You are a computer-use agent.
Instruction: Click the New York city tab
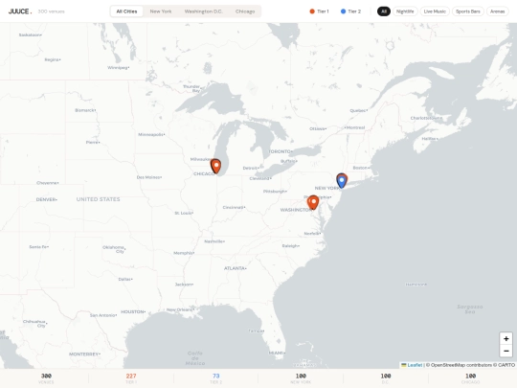pyautogui.click(x=161, y=11)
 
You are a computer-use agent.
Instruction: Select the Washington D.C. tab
pyautogui.click(x=203, y=11)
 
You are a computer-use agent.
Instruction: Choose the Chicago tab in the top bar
pyautogui.click(x=245, y=11)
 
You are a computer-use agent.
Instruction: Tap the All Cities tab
pyautogui.click(x=126, y=11)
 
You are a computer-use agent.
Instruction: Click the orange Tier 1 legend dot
pyautogui.click(x=312, y=11)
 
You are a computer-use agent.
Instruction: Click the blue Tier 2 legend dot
pyautogui.click(x=343, y=11)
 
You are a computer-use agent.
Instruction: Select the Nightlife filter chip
pyautogui.click(x=405, y=11)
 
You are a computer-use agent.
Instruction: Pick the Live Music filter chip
pyautogui.click(x=435, y=11)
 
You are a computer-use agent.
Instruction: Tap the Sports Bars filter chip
pyautogui.click(x=468, y=11)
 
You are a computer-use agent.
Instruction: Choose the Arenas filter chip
pyautogui.click(x=498, y=11)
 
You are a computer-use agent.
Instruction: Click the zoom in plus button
pyautogui.click(x=506, y=338)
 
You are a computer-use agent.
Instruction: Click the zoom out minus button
pyautogui.click(x=506, y=351)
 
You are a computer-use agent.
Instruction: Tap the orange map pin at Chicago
pyautogui.click(x=216, y=166)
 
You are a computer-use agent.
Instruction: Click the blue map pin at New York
pyautogui.click(x=342, y=179)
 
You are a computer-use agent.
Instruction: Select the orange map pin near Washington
pyautogui.click(x=313, y=202)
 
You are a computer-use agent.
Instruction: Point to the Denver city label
pyautogui.click(x=46, y=199)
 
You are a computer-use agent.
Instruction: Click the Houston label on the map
pyautogui.click(x=133, y=311)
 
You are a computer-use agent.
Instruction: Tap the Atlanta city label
pyautogui.click(x=235, y=268)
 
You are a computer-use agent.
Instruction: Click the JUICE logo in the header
pyautogui.click(x=19, y=11)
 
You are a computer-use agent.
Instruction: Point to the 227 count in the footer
pyautogui.click(x=131, y=376)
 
